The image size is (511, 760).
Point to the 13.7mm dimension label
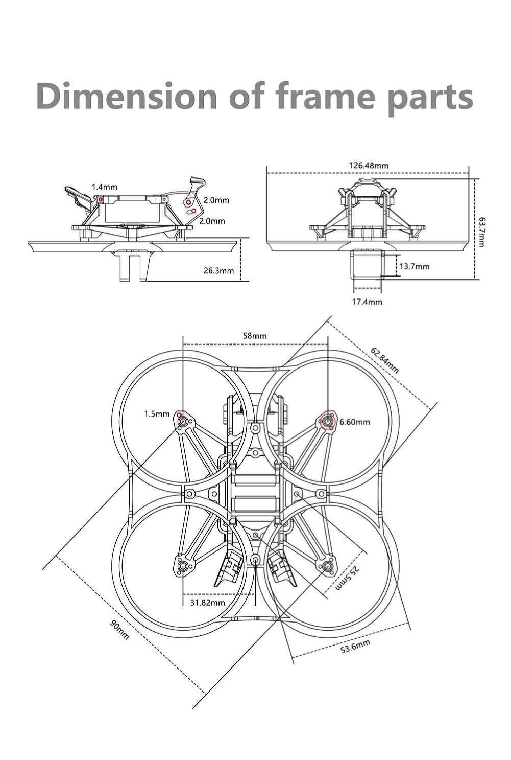pos(414,266)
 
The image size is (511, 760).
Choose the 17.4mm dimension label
pos(367,302)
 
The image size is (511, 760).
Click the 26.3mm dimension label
pos(218,271)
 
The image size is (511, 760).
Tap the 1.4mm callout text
pos(104,187)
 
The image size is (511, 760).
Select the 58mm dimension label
pos(255,336)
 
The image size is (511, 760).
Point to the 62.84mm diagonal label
pos(384,360)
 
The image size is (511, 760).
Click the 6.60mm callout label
pos(355,422)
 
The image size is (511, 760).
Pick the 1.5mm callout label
pos(157,414)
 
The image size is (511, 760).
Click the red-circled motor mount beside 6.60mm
pos(327,422)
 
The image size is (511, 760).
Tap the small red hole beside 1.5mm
pos(179,415)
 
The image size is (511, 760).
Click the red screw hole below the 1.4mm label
pos(100,200)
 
